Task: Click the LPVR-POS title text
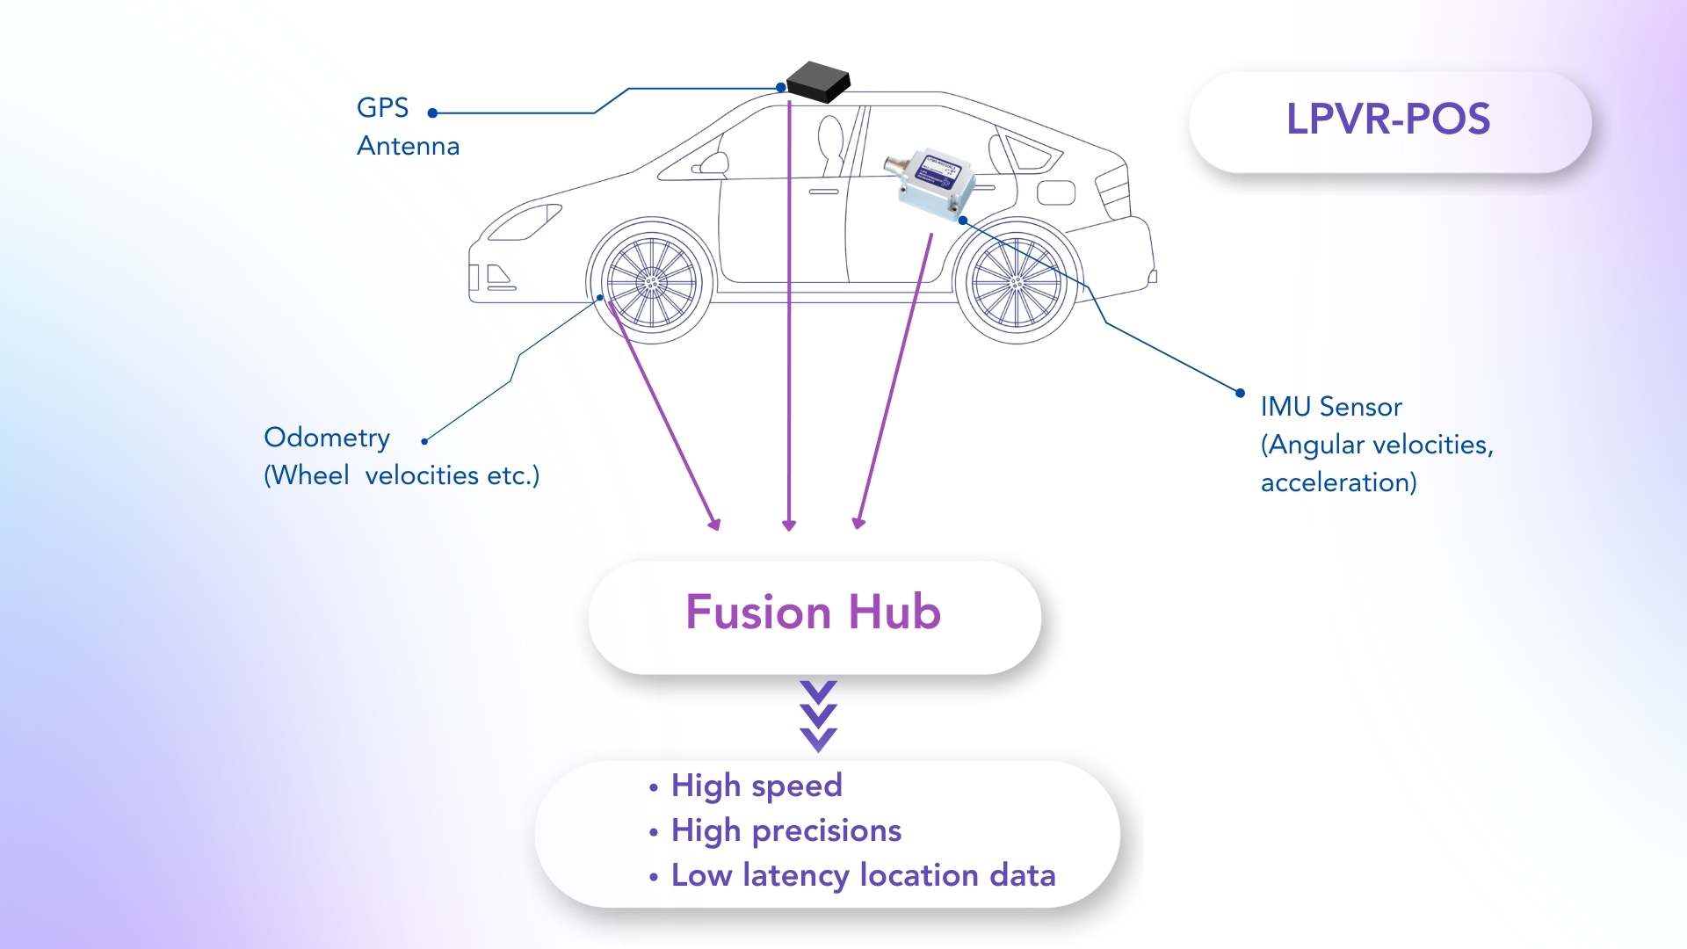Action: [1388, 119]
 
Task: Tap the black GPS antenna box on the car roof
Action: [818, 82]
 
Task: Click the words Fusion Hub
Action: [813, 612]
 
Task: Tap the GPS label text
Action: [382, 107]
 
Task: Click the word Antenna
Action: [408, 146]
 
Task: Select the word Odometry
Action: [327, 438]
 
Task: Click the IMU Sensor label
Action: [1331, 407]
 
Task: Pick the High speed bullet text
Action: [757, 786]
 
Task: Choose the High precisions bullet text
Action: [786, 831]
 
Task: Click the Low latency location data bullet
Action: [863, 876]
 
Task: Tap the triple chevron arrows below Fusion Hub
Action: [819, 716]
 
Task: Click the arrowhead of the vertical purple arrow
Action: [789, 525]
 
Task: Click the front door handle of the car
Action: [824, 192]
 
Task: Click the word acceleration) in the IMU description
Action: [1338, 482]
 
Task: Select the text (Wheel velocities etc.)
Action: [402, 475]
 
